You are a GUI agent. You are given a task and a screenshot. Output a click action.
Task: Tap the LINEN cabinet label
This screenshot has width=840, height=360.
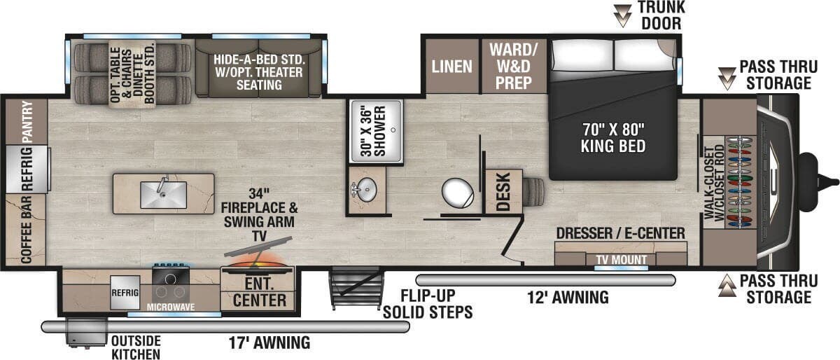(x=451, y=67)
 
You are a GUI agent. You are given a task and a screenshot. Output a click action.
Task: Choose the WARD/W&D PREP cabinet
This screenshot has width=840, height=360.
(x=513, y=66)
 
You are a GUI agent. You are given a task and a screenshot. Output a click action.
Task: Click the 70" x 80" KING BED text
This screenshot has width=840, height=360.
(x=612, y=137)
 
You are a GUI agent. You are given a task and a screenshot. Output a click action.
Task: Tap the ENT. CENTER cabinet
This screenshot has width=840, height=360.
(x=259, y=293)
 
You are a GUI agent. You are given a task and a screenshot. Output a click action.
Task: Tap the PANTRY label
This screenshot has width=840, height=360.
(x=27, y=120)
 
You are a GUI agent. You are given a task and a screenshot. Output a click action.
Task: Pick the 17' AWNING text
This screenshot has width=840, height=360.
(x=269, y=342)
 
